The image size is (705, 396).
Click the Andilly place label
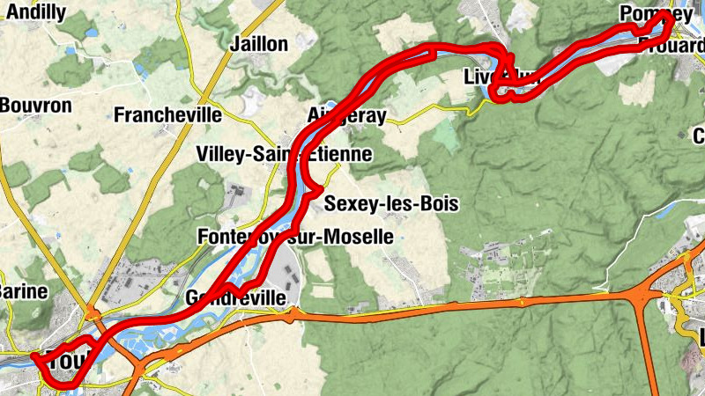(x=35, y=12)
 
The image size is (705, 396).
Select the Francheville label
(x=167, y=114)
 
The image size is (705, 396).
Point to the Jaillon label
(x=258, y=44)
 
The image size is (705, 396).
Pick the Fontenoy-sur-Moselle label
(x=295, y=237)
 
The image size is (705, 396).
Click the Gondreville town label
(x=236, y=298)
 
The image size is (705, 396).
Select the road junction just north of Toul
(x=92, y=312)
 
